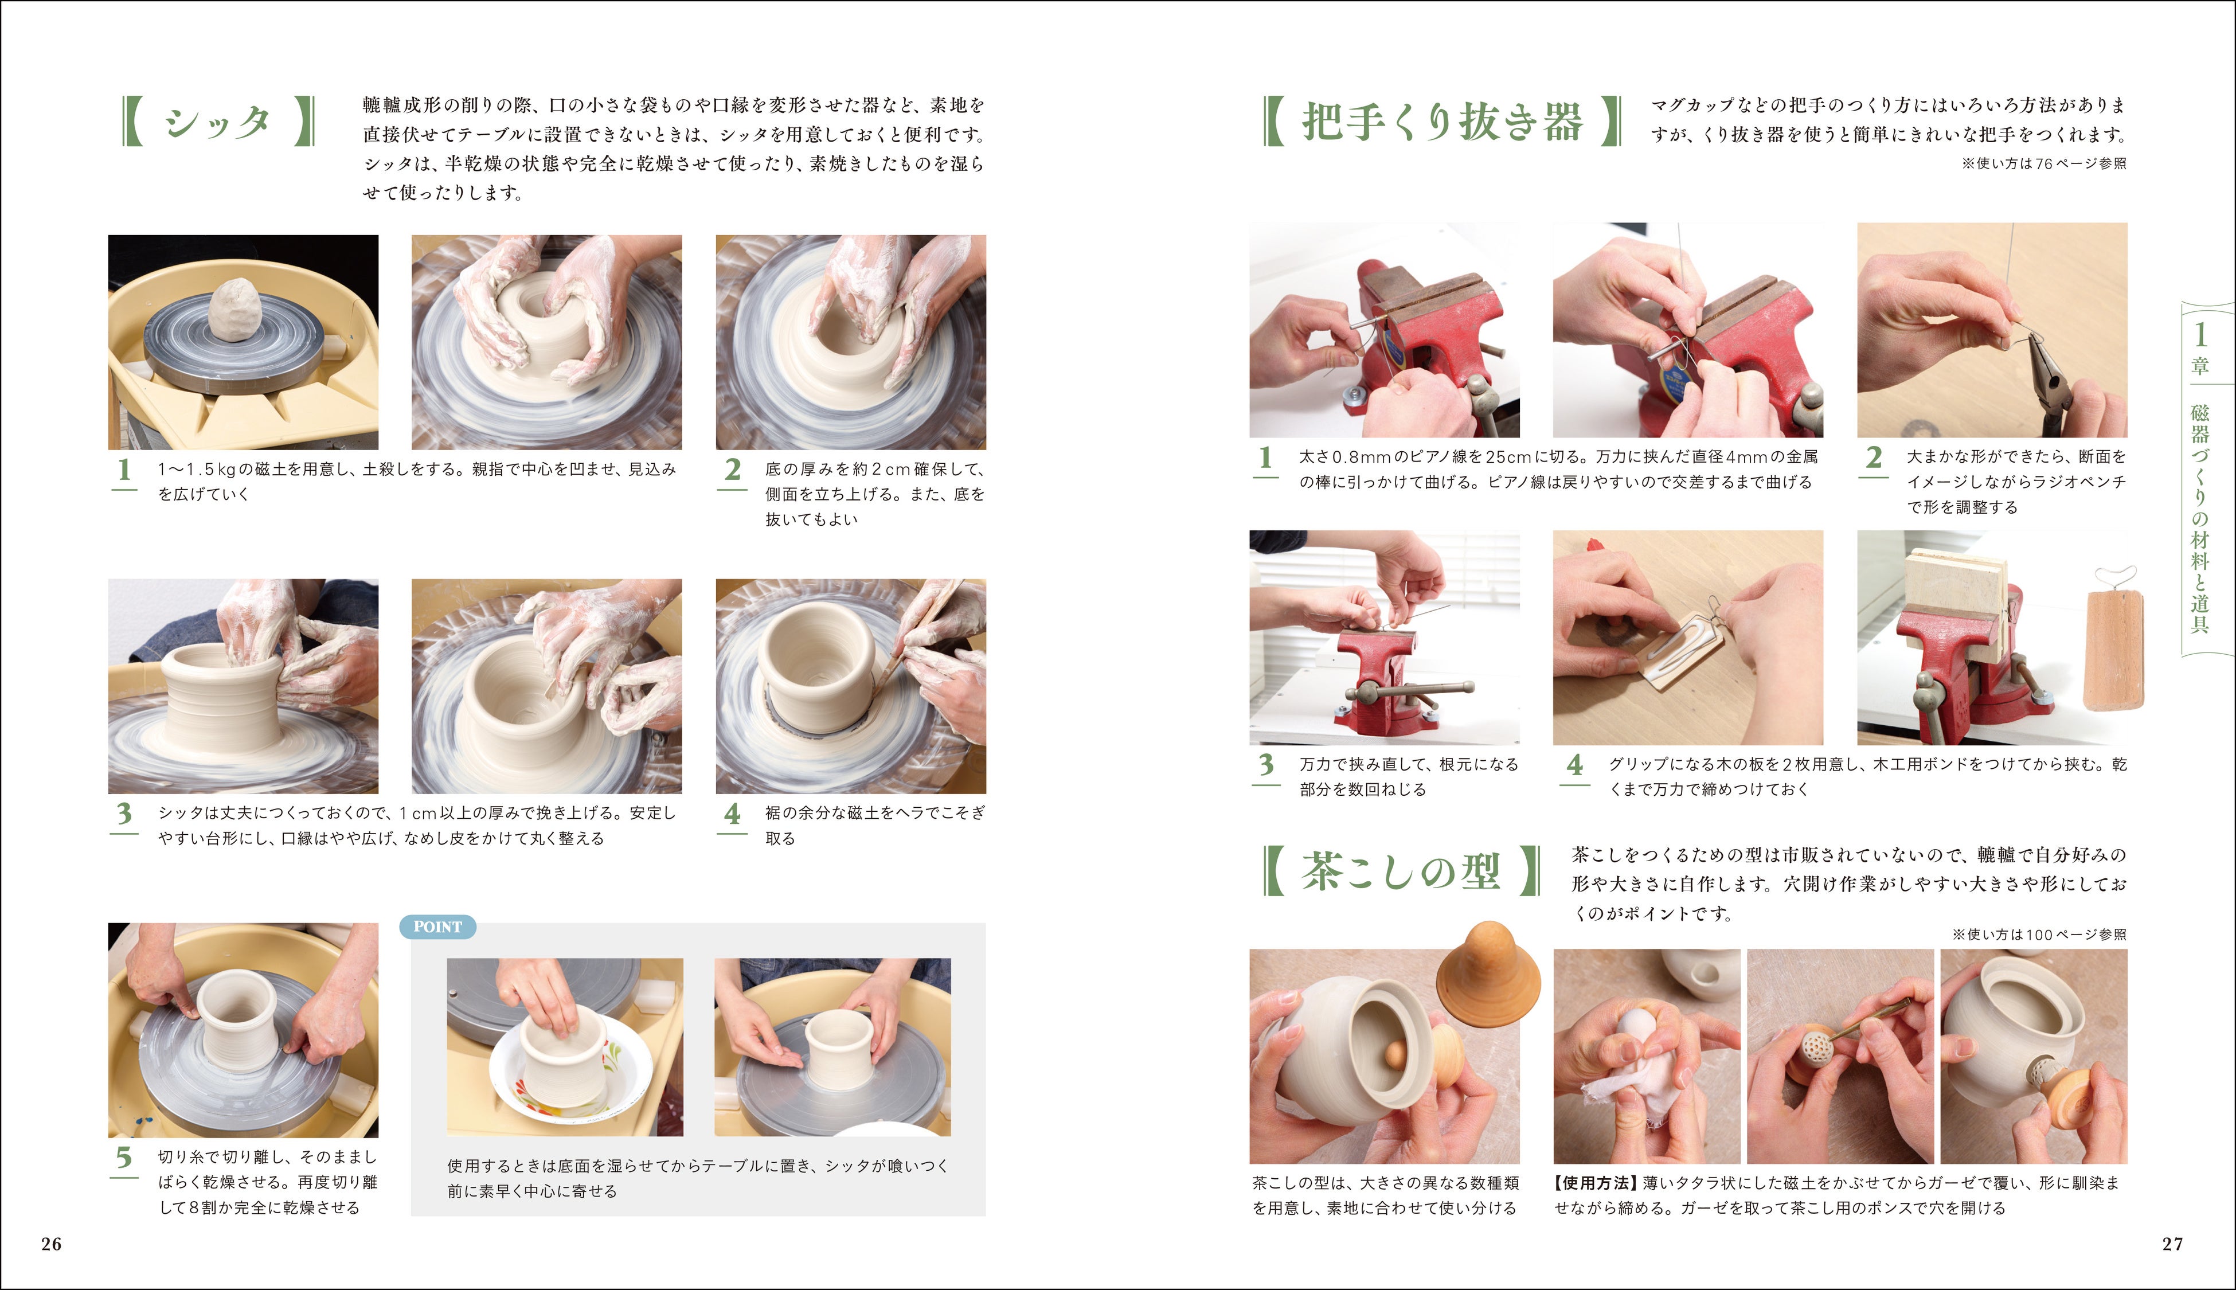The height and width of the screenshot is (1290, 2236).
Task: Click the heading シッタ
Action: click(x=217, y=122)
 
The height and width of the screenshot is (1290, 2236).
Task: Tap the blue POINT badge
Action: click(x=437, y=927)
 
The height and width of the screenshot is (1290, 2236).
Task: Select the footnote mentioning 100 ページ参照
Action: click(x=2038, y=935)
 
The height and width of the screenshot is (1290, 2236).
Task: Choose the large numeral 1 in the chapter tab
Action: click(x=2200, y=334)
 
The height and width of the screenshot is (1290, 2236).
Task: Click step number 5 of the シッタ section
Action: click(x=124, y=1157)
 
